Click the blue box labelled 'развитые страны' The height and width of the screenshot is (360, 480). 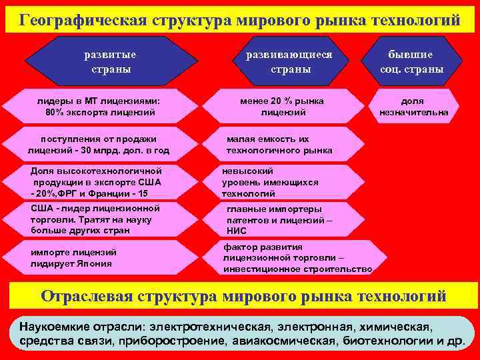coord(107,61)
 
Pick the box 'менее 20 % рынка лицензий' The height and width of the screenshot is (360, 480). coord(283,107)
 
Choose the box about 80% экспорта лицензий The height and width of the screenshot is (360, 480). coord(101,107)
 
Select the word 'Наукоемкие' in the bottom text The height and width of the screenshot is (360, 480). coord(53,328)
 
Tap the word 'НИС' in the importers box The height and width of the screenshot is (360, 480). coord(237,231)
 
